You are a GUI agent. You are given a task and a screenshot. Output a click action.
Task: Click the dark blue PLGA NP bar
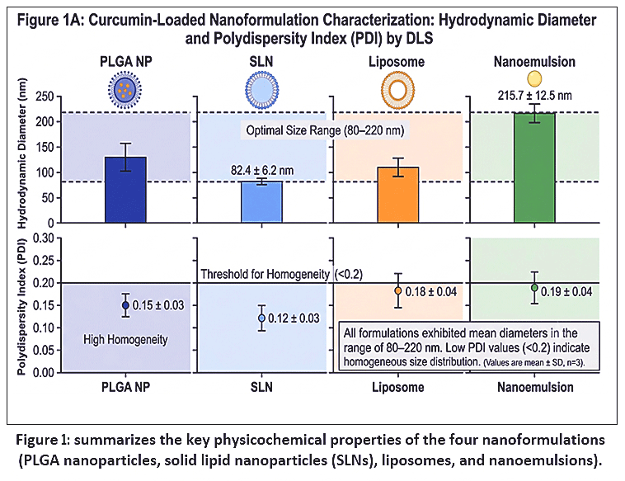click(125, 190)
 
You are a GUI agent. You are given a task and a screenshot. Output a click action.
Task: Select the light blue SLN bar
click(262, 202)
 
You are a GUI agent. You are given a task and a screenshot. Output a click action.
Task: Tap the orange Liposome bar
click(398, 195)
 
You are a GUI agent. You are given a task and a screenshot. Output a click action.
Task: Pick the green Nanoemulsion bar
click(534, 168)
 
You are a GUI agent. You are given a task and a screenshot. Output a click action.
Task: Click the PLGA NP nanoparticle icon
click(125, 90)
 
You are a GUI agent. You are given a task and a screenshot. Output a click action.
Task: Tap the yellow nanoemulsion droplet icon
click(534, 78)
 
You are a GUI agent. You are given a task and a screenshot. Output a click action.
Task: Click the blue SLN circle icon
click(262, 90)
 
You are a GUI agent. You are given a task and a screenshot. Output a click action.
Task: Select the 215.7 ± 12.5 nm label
click(534, 96)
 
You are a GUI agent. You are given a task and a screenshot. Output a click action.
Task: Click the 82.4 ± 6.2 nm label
click(262, 171)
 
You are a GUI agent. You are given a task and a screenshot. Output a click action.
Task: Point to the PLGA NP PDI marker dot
click(125, 305)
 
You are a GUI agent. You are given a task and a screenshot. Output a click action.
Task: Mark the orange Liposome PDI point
click(397, 290)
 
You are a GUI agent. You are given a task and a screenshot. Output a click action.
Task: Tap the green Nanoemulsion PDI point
click(534, 288)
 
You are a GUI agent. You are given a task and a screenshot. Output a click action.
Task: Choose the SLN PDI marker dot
click(261, 318)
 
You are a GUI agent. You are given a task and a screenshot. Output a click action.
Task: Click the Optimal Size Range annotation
click(325, 130)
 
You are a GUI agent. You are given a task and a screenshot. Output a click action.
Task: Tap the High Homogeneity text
click(125, 340)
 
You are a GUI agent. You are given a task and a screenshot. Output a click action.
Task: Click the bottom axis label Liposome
click(397, 387)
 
